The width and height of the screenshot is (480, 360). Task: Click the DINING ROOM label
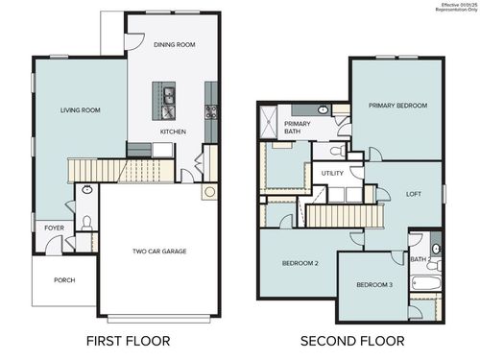[174, 44]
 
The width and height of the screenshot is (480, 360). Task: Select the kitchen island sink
[168, 95]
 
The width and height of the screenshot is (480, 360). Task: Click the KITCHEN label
[173, 132]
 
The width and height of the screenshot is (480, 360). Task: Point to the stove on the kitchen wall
[210, 109]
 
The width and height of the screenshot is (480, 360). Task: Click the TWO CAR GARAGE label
[159, 252]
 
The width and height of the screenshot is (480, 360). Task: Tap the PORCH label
[64, 280]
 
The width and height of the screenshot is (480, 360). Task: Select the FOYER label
[53, 228]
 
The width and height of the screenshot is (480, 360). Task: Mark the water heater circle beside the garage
[208, 192]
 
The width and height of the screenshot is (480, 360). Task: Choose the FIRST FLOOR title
[128, 341]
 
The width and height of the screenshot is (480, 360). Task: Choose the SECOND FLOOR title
[351, 341]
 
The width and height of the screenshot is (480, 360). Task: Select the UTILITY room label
[332, 174]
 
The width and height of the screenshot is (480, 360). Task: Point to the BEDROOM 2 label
[300, 263]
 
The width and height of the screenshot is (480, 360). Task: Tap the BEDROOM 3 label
[374, 285]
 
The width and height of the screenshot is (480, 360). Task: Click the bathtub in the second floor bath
[423, 285]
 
